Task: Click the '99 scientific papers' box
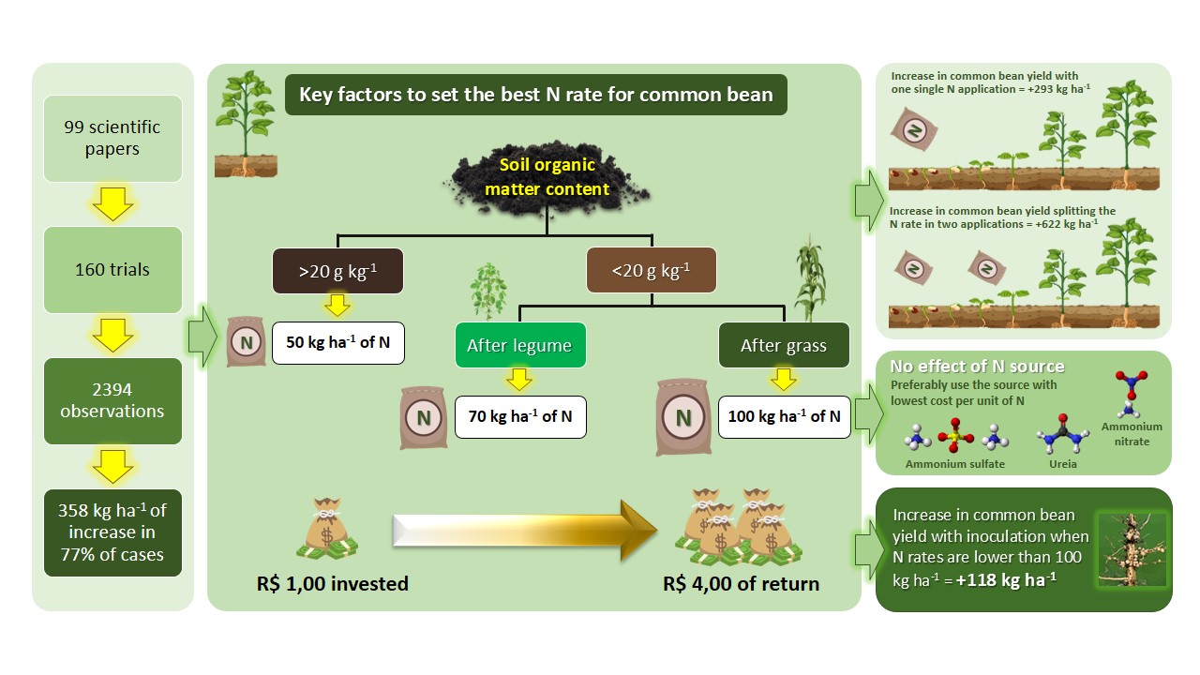(x=112, y=138)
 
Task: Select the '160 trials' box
(x=112, y=269)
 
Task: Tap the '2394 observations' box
(x=112, y=400)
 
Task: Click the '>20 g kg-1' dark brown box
(x=337, y=272)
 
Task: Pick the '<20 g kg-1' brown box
(x=651, y=272)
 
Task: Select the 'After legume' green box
(x=519, y=345)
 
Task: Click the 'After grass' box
(x=784, y=345)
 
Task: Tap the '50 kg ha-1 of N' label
(x=337, y=342)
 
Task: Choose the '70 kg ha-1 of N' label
(x=520, y=416)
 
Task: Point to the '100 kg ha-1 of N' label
(x=784, y=416)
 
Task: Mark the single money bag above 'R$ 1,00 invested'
(x=327, y=530)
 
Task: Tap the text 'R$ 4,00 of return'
(x=741, y=584)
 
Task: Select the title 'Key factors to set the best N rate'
(x=535, y=95)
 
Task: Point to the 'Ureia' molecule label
(x=1063, y=464)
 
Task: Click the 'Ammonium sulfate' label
(x=954, y=464)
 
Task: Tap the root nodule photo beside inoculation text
(x=1132, y=549)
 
